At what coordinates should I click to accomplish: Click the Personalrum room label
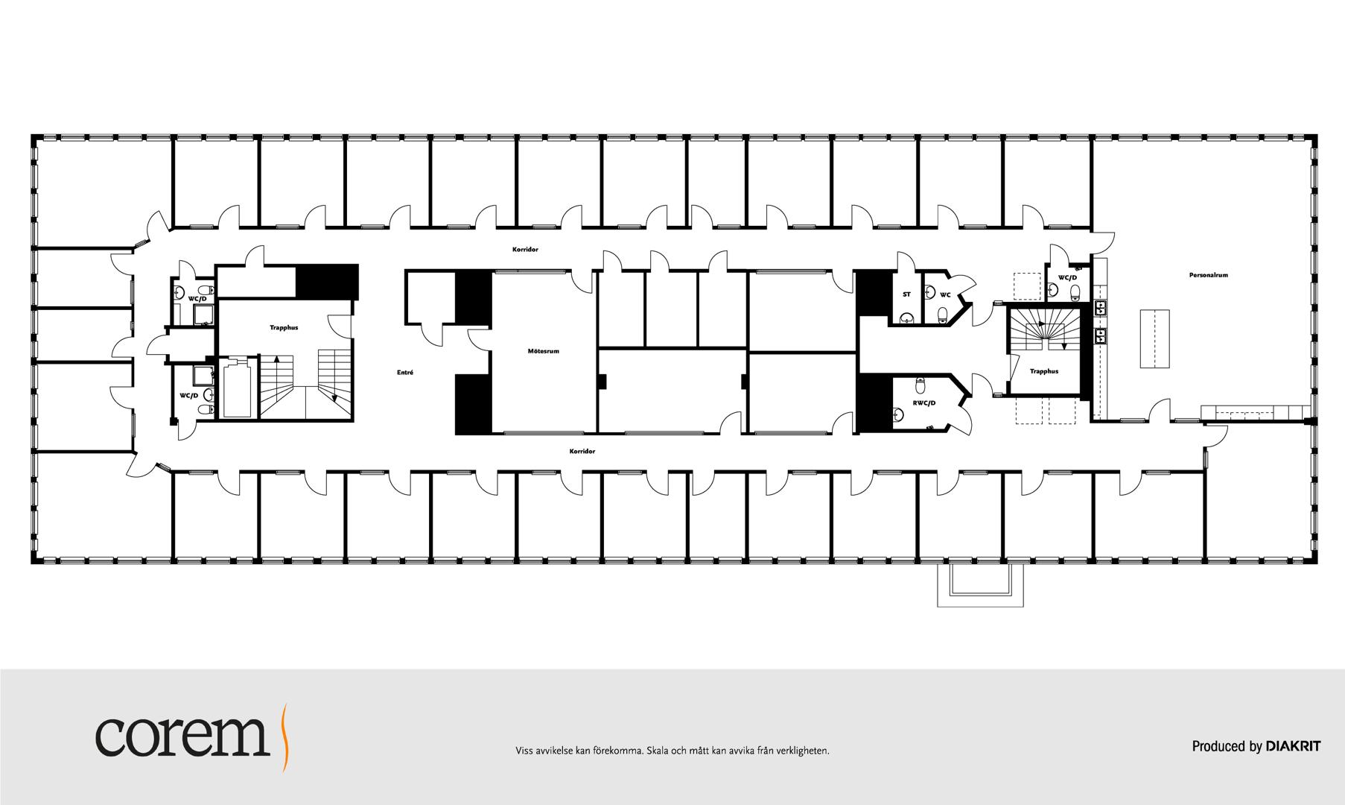click(x=1208, y=275)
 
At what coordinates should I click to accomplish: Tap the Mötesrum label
click(x=543, y=351)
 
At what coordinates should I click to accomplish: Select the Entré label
click(x=405, y=372)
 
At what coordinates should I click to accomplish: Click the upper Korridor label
click(x=525, y=249)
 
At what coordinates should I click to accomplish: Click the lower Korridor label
click(x=582, y=451)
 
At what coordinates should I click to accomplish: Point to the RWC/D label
click(x=923, y=403)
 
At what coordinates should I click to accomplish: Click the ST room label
click(x=906, y=294)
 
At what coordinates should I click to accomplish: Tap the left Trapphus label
click(x=284, y=328)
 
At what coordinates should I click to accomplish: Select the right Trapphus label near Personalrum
click(x=1044, y=371)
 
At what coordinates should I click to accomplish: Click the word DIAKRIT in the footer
click(x=1294, y=746)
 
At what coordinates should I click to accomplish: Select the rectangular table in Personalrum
click(x=1154, y=338)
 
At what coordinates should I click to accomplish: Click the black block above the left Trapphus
click(x=327, y=281)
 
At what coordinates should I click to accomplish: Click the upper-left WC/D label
click(x=197, y=299)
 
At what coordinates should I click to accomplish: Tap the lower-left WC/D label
click(x=189, y=395)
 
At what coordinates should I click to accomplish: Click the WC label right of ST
click(x=945, y=294)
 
